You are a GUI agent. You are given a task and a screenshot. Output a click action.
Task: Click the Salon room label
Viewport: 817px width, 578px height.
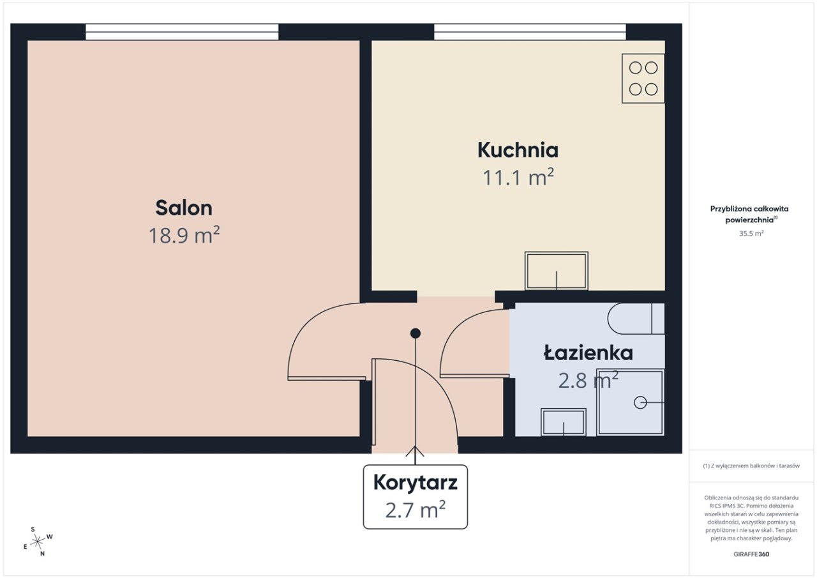tap(184, 208)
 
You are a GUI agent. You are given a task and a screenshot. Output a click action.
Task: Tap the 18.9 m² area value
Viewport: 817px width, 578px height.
tap(184, 235)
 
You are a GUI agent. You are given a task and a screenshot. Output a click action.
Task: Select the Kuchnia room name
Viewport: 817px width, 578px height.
tap(518, 150)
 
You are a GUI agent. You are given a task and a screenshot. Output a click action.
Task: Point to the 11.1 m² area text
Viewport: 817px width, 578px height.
tap(518, 178)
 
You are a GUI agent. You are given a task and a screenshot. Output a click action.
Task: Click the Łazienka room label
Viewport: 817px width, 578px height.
tap(588, 353)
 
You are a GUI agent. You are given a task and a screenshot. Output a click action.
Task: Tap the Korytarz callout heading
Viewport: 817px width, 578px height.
tap(415, 483)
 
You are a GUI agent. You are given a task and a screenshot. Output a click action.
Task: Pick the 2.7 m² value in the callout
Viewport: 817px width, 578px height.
tap(416, 510)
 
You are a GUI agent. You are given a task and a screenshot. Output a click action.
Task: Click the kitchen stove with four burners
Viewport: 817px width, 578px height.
tap(643, 79)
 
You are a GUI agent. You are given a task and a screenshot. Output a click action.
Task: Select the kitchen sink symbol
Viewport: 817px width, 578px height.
tap(556, 271)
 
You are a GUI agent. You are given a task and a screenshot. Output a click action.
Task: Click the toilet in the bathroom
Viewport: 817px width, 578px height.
tap(636, 319)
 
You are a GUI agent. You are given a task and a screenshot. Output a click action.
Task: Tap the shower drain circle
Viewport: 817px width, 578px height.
tap(640, 402)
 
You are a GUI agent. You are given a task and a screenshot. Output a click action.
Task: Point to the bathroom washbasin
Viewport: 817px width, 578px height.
tap(564, 422)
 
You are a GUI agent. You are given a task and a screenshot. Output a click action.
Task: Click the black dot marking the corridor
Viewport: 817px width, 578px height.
tap(416, 333)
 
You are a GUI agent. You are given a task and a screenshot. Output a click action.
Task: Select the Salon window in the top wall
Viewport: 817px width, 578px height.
tap(182, 32)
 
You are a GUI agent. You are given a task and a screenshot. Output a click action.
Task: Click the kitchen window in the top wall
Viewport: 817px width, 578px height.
tap(530, 32)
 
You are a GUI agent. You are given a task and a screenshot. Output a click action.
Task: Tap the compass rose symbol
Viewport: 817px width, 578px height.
tap(38, 542)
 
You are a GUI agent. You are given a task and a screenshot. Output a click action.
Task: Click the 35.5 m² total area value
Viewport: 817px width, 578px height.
tap(751, 234)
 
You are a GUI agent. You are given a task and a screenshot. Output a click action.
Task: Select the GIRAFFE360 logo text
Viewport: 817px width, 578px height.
tap(751, 554)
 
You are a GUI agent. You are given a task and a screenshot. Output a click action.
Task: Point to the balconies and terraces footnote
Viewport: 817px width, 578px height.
tap(751, 466)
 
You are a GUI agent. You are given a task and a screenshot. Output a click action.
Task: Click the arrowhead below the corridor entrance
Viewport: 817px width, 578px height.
tap(416, 451)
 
